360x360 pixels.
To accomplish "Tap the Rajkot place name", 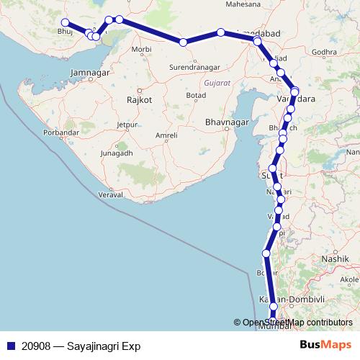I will [139, 100].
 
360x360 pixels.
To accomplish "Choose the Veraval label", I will [112, 195].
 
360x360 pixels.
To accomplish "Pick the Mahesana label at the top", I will [243, 4].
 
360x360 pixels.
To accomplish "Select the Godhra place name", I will [325, 52].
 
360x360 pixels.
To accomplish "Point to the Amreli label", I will [166, 135].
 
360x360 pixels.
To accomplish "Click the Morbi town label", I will [142, 50].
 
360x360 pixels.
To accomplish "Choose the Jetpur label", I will [127, 125].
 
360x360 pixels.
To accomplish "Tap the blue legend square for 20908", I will [10, 346].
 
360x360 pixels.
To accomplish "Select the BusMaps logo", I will [325, 345].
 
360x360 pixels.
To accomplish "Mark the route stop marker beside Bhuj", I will [66, 22].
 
